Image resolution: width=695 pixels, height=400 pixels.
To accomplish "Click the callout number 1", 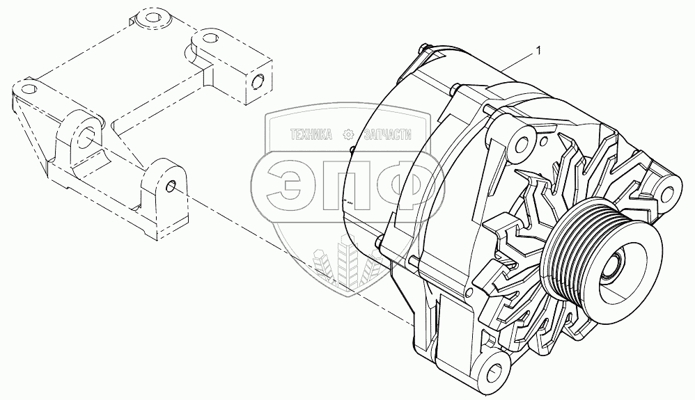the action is [x=537, y=50].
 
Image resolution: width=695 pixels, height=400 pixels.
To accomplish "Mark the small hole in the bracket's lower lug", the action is [x=171, y=186].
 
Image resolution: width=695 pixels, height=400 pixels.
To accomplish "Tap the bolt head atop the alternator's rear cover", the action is [x=423, y=49].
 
